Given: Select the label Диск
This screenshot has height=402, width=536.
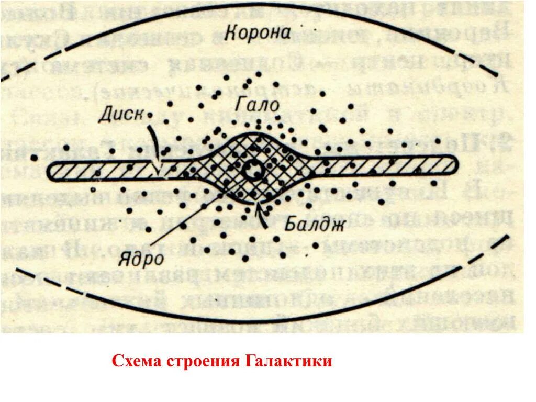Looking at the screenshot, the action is coord(121,114).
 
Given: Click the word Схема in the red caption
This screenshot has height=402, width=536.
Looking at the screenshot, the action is coord(138,361).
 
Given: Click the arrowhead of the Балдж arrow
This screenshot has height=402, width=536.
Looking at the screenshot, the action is coord(258,204).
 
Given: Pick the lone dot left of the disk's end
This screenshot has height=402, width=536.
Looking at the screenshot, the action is coord(34,157).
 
